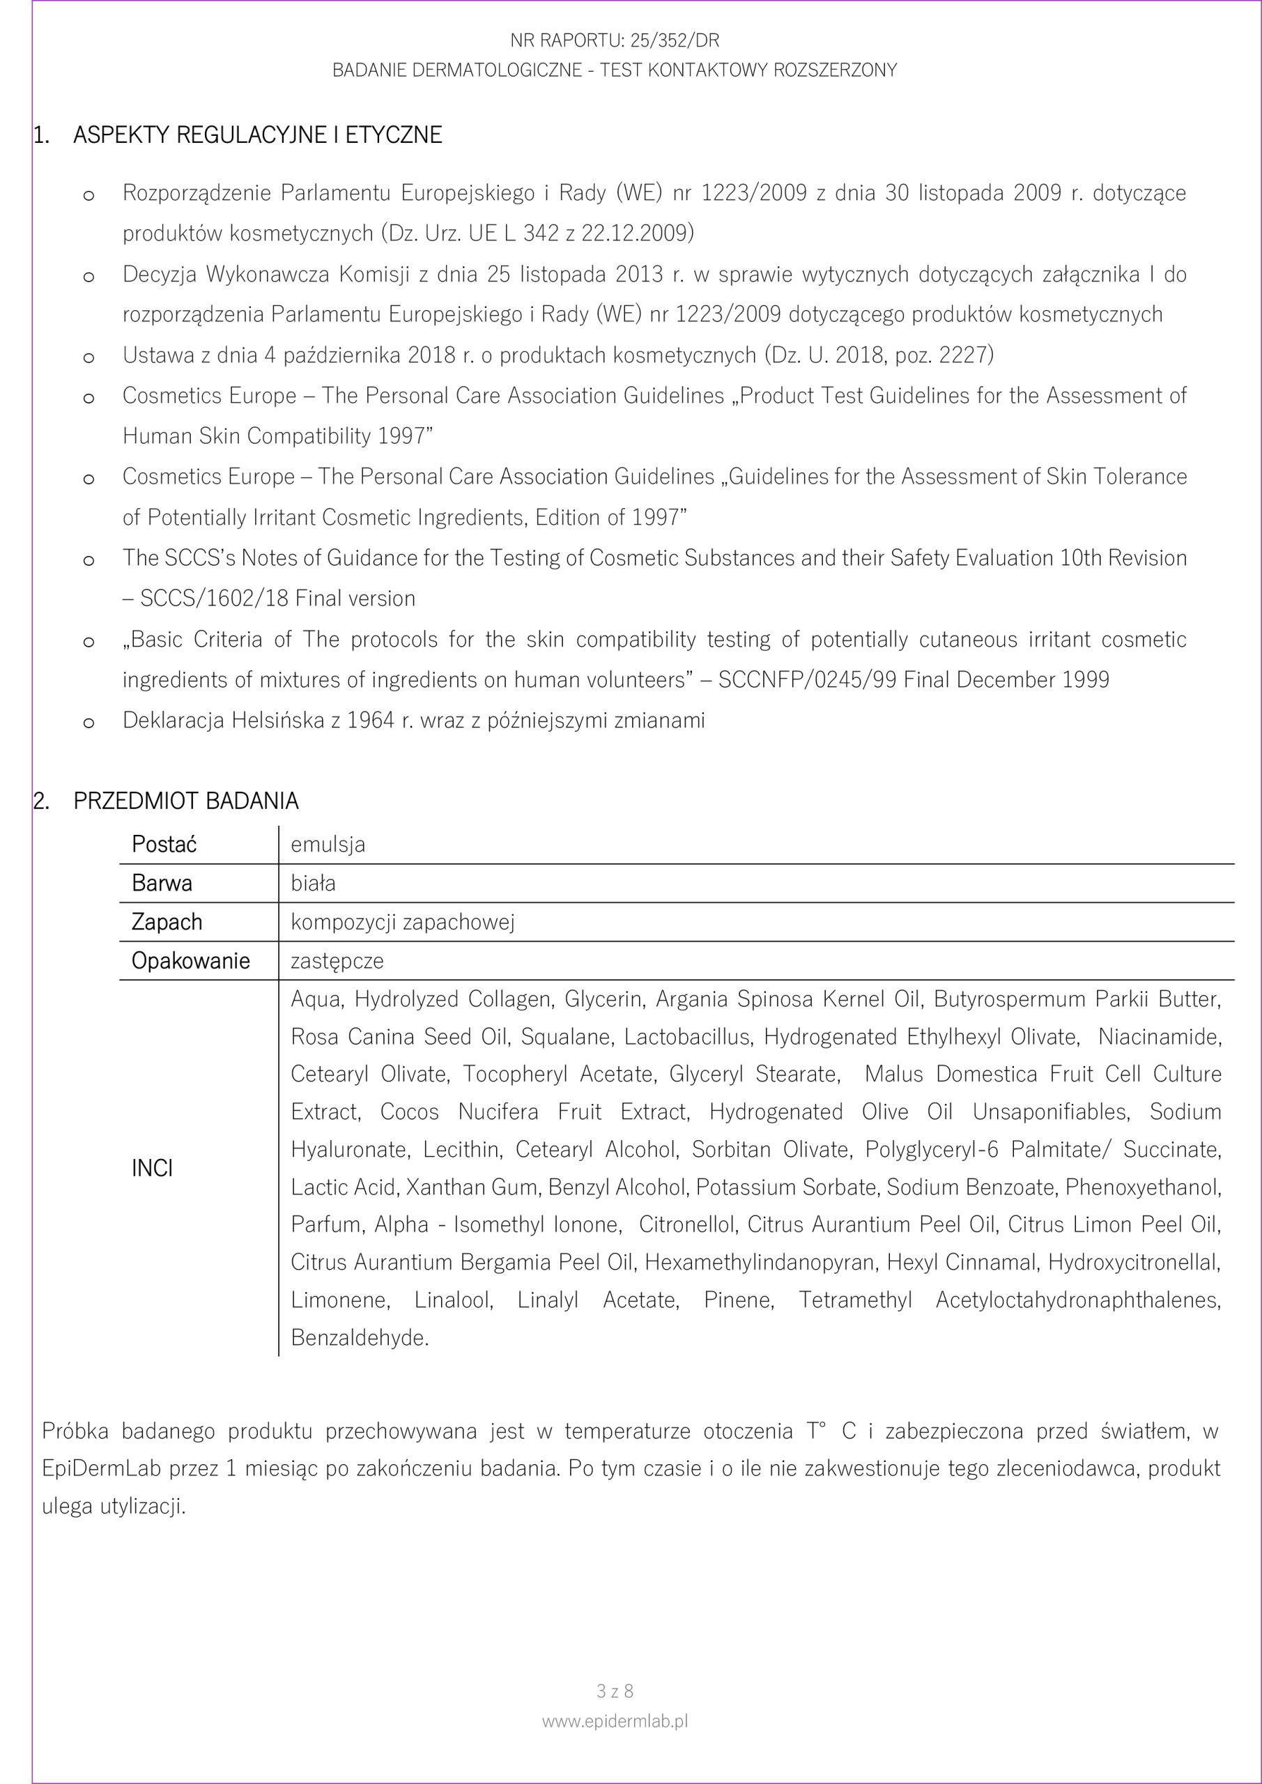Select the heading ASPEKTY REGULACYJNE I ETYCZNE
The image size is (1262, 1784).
click(257, 135)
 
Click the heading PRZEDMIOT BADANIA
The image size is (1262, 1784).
click(186, 801)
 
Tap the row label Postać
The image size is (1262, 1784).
click(164, 845)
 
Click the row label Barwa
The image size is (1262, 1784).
click(162, 884)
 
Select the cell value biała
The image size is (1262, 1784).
click(313, 884)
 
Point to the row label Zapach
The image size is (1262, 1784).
click(167, 922)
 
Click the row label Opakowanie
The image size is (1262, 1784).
click(190, 961)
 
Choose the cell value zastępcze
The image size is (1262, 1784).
click(337, 961)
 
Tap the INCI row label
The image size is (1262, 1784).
click(153, 1169)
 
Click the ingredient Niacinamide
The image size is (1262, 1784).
click(1159, 1036)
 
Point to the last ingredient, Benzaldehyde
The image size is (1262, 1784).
click(360, 1338)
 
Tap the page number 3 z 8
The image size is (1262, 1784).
click(615, 1691)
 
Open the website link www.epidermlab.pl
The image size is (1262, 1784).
click(615, 1721)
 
